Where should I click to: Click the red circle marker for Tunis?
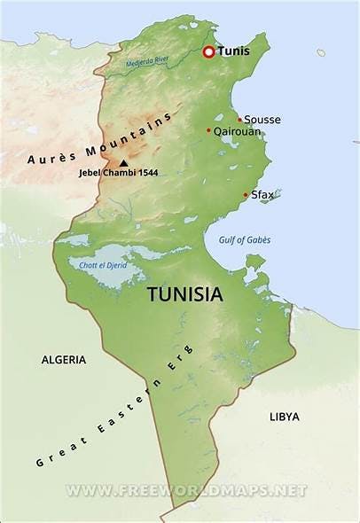(x=209, y=52)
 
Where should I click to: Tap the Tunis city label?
(x=234, y=52)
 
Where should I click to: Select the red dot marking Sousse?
(x=239, y=120)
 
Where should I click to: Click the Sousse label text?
(x=262, y=120)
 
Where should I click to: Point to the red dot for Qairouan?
(x=209, y=130)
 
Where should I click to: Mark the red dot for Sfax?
(x=246, y=195)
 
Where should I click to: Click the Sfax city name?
(x=262, y=194)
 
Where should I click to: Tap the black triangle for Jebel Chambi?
(x=122, y=163)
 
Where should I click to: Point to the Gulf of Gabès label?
(x=245, y=240)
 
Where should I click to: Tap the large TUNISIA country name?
(x=184, y=293)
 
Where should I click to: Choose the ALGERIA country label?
(x=64, y=360)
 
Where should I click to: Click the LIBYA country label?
(x=284, y=416)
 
